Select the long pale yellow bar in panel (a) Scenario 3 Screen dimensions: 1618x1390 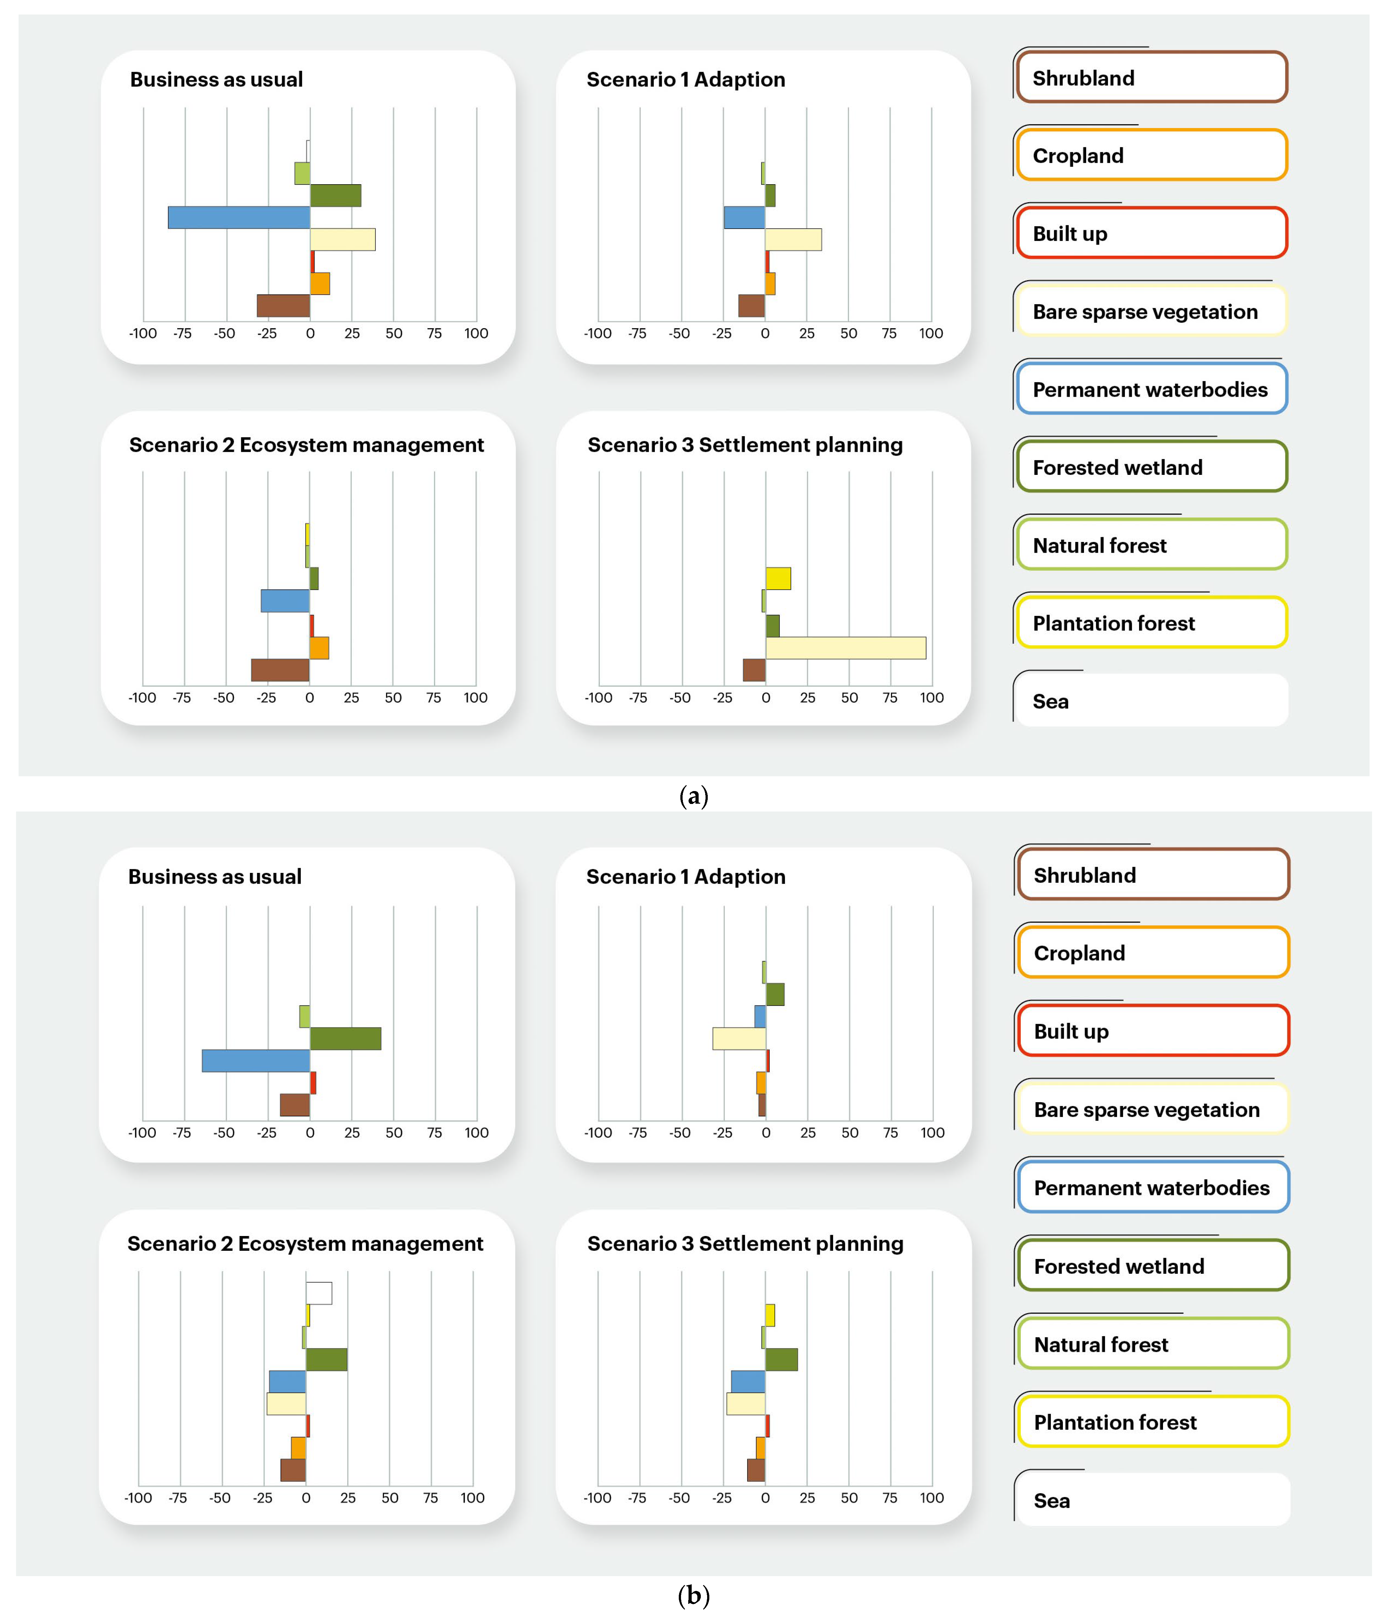click(846, 648)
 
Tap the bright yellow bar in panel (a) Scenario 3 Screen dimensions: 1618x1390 click(778, 578)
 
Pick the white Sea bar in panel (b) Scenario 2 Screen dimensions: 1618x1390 click(319, 1293)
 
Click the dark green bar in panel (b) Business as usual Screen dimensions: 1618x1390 click(345, 1039)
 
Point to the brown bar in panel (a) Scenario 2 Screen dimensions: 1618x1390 click(280, 670)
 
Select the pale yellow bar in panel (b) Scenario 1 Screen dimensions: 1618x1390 click(739, 1039)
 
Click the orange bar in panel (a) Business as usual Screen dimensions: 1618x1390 click(319, 283)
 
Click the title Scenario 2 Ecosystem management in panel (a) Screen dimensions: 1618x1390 click(306, 445)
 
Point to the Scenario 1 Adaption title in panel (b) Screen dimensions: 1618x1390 click(686, 877)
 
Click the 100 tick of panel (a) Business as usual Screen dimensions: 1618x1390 click(476, 333)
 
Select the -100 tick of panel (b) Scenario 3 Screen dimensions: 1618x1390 click(597, 1498)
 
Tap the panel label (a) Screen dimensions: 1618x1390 click(694, 796)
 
